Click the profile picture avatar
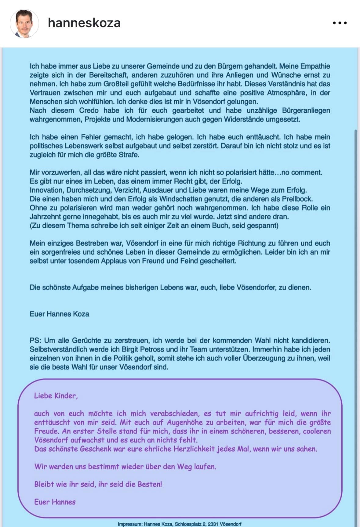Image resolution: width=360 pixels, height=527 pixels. tap(24, 23)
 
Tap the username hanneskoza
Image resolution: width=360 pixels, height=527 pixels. tap(84, 23)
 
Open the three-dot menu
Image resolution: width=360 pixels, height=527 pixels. tap(340, 23)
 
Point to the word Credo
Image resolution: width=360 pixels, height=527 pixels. tap(89, 110)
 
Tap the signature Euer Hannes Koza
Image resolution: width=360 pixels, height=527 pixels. tap(60, 314)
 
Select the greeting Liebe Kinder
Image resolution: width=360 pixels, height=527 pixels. tap(56, 396)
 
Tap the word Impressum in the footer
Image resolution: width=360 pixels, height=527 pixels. tap(130, 524)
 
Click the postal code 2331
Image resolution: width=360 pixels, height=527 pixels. tap(213, 524)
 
